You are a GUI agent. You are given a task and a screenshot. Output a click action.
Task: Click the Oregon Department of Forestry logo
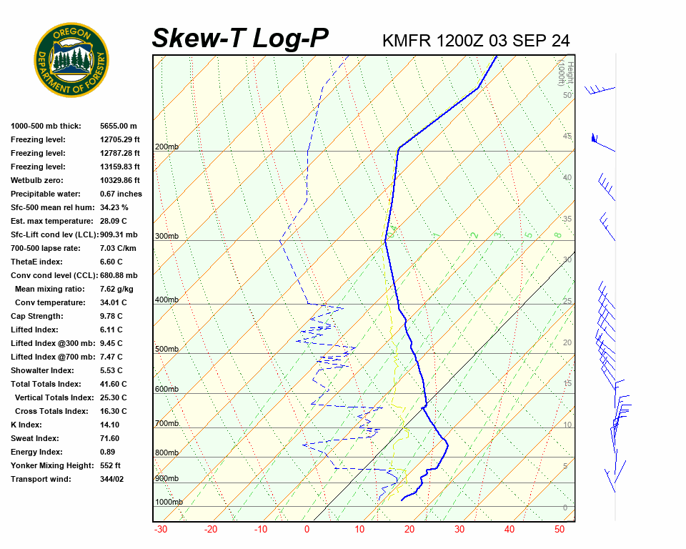(x=71, y=59)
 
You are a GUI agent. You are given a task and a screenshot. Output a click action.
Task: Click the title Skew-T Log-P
(x=240, y=39)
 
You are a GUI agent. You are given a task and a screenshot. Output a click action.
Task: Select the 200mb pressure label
(x=166, y=147)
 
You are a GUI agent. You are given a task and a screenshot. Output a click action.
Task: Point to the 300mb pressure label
(x=166, y=237)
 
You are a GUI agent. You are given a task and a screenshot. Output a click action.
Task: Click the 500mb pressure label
(x=166, y=350)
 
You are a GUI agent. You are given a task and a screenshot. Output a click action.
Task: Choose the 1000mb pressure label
(x=169, y=503)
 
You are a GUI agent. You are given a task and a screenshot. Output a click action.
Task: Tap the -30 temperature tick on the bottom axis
(x=161, y=530)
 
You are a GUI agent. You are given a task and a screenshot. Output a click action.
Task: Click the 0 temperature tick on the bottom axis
(x=307, y=530)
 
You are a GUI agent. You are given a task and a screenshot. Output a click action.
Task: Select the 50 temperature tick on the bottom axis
(x=560, y=530)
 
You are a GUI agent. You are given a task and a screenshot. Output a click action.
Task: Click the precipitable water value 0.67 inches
(x=121, y=194)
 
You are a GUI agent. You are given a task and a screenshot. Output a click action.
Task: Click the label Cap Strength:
(x=36, y=316)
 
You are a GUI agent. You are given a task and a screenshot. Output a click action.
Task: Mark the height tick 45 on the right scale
(x=567, y=137)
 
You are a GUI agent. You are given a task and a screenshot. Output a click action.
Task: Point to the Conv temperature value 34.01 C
(x=113, y=302)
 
